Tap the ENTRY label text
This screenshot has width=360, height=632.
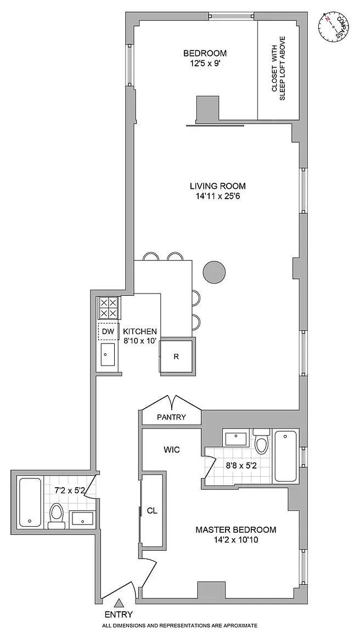point(118,614)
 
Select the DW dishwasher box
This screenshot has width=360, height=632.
point(108,331)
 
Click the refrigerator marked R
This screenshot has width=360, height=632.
point(176,356)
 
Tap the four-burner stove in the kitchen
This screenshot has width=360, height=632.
point(109,308)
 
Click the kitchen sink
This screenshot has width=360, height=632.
point(108,355)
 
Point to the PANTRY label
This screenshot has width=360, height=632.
point(172,417)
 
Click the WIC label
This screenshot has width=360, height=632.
point(172,449)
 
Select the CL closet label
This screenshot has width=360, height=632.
point(152,510)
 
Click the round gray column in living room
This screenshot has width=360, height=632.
point(213,272)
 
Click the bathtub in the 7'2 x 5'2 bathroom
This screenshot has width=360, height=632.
point(30,502)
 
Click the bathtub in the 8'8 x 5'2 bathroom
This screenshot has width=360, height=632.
point(286,455)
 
